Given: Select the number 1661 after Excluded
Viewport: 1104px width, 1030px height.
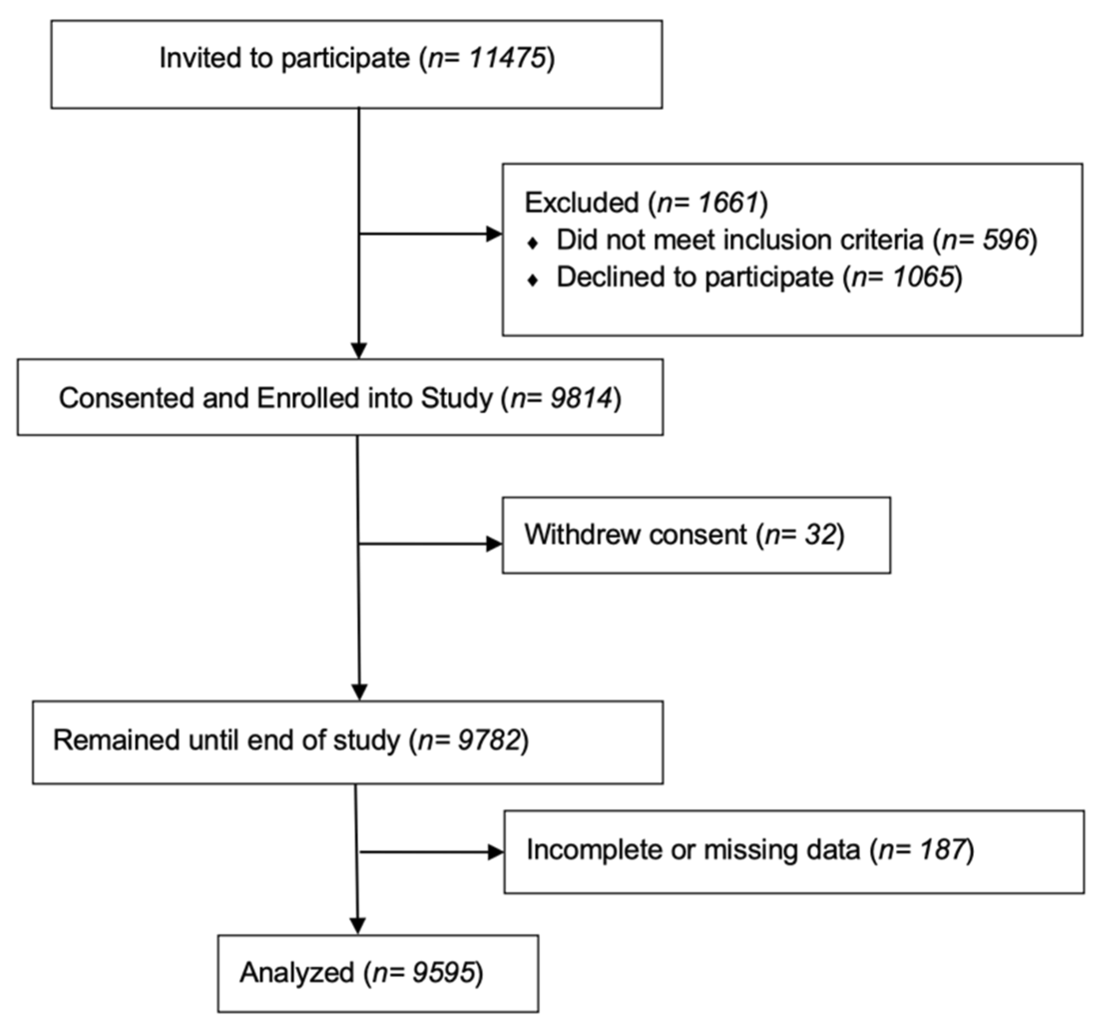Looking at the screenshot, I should pyautogui.click(x=729, y=203).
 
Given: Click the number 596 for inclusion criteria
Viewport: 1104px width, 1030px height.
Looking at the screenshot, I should pyautogui.click(x=1006, y=240).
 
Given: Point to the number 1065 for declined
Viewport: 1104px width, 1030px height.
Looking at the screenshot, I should pyautogui.click(x=923, y=277).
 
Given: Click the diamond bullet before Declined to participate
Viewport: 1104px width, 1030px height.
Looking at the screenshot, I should pyautogui.click(x=533, y=280).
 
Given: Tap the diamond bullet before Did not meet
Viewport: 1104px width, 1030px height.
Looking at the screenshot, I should pyautogui.click(x=533, y=243).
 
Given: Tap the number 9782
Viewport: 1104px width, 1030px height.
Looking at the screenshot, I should pyautogui.click(x=489, y=741).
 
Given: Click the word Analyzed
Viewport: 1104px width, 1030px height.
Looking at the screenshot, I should pyautogui.click(x=297, y=972).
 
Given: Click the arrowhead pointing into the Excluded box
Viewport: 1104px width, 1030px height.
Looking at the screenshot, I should pyautogui.click(x=494, y=234).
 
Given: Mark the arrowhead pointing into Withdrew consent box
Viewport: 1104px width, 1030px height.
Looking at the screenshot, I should pyautogui.click(x=494, y=544).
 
